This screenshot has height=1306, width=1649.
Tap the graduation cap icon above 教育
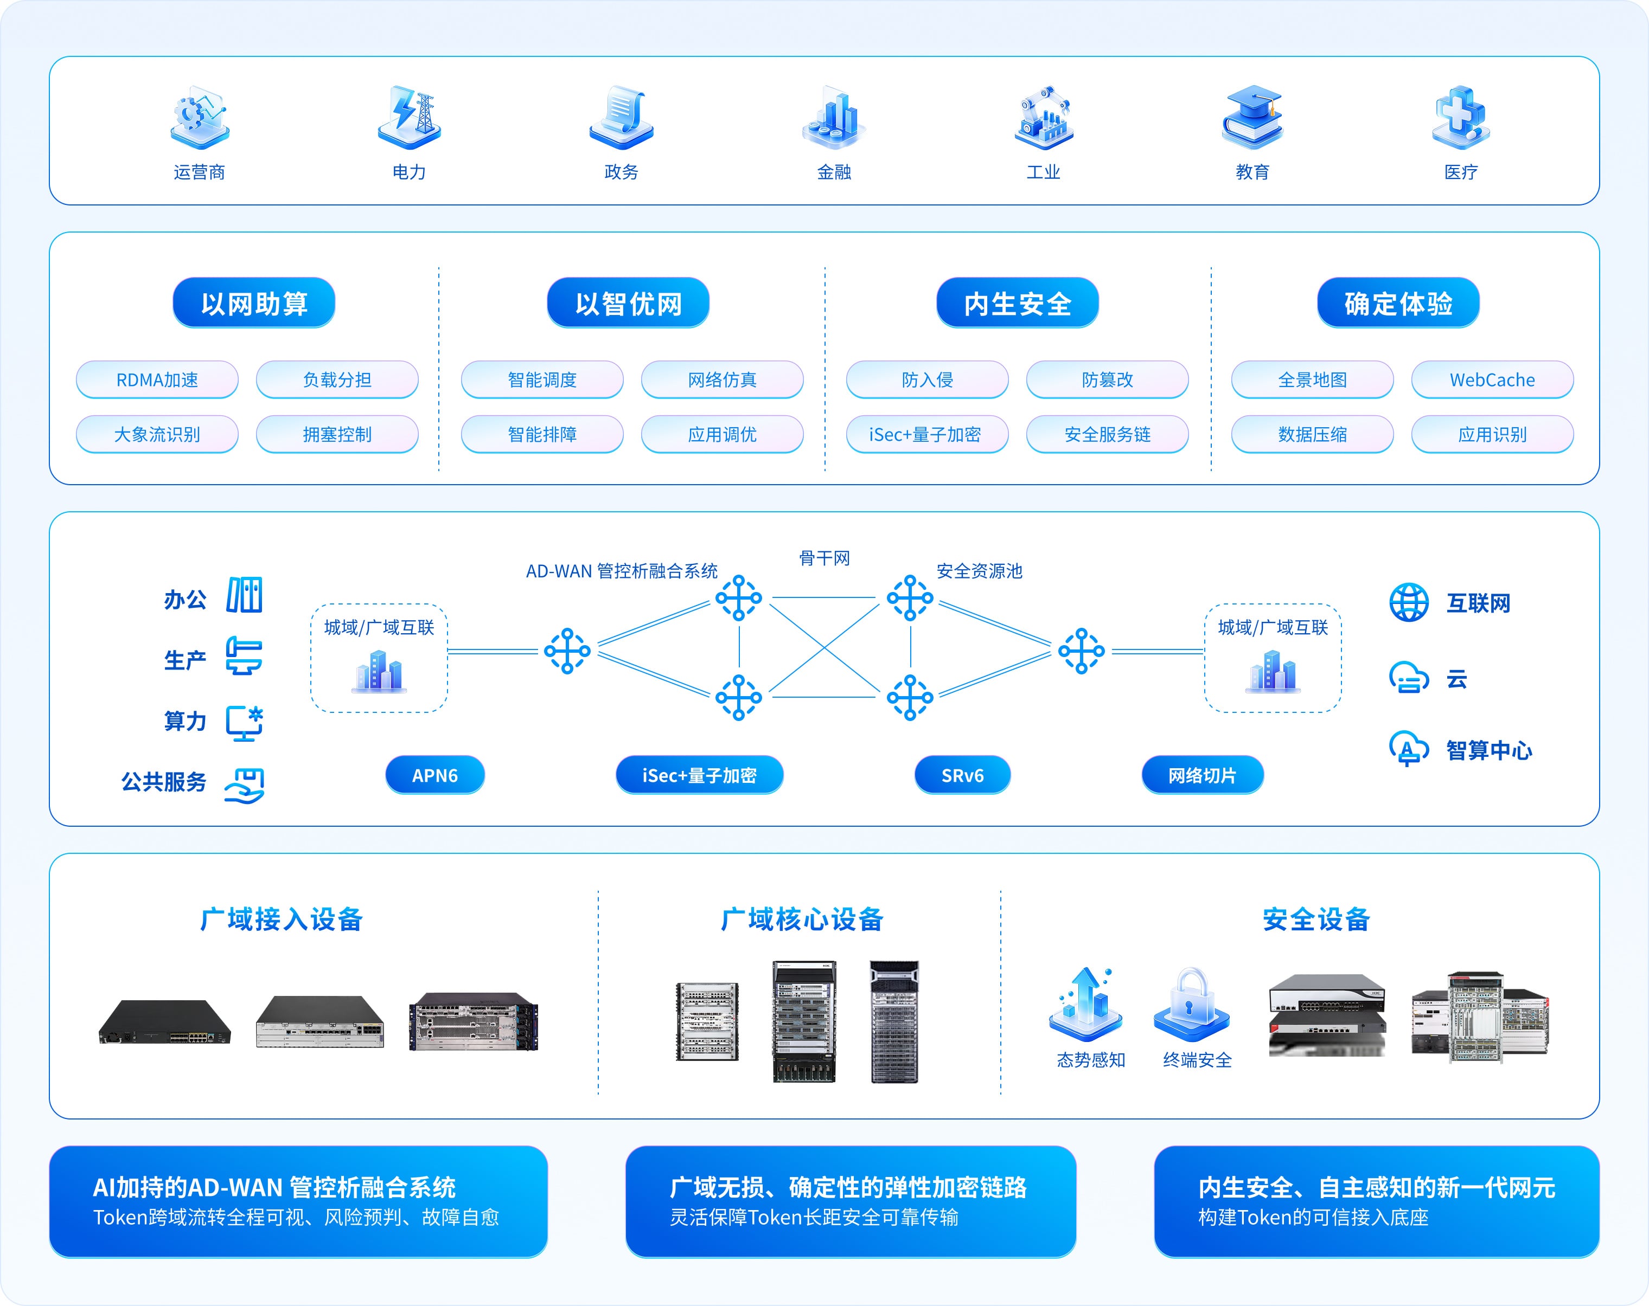[1252, 117]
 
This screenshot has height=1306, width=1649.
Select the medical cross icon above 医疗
[1460, 117]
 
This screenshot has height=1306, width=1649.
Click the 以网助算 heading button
[254, 304]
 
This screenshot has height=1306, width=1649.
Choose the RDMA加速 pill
[157, 380]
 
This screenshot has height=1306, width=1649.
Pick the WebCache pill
[1492, 380]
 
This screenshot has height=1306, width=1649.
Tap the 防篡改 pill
[1107, 380]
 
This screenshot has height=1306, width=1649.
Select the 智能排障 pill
[542, 434]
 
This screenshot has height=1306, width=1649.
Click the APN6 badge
[434, 775]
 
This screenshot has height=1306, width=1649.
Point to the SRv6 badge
[962, 775]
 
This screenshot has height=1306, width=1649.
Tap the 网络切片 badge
[1203, 775]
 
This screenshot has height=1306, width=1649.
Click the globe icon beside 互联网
[1408, 602]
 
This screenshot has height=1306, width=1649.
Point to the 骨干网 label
[824, 558]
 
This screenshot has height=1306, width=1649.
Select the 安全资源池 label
[979, 571]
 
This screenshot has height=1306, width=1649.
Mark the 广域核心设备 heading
[802, 919]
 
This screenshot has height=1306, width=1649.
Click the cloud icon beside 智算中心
[1408, 748]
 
